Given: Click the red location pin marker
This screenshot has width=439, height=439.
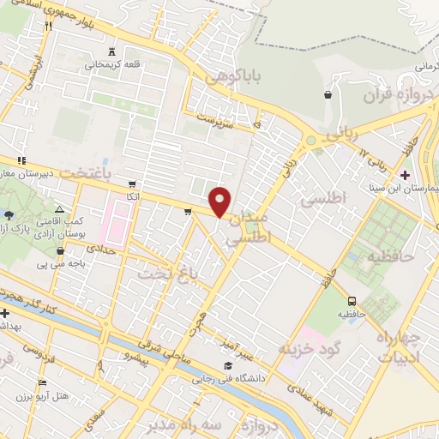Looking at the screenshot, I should (x=220, y=201).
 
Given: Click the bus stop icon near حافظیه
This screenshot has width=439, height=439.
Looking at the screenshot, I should (x=352, y=301).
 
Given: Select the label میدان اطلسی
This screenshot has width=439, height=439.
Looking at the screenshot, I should (x=247, y=226).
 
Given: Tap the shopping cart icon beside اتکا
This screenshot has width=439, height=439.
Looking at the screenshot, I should (x=131, y=183).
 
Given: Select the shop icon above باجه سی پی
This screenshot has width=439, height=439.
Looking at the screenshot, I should (x=60, y=250).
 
